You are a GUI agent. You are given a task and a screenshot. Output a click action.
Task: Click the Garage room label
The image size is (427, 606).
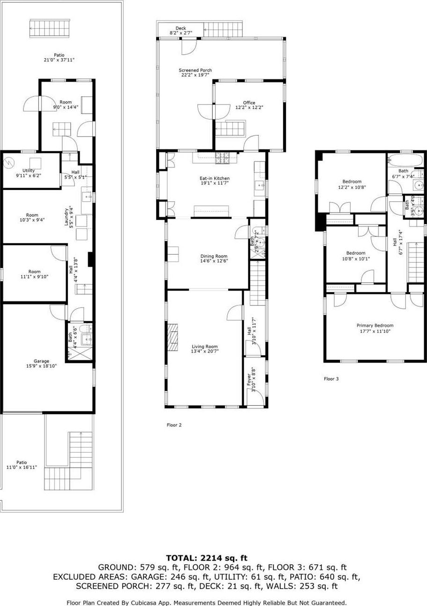click(41, 361)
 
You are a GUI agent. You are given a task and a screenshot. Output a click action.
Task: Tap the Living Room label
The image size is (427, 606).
click(205, 347)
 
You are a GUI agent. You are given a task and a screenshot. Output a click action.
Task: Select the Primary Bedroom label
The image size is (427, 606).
click(375, 326)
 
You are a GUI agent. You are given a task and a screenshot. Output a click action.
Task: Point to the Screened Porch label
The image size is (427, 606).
click(195, 70)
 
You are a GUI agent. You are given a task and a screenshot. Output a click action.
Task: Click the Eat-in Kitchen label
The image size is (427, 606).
click(215, 178)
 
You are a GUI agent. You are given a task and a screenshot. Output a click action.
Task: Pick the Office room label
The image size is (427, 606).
click(249, 103)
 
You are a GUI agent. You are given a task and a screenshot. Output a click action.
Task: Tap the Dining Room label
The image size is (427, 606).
click(214, 256)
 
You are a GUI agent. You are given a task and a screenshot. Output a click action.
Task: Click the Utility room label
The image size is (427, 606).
click(29, 170)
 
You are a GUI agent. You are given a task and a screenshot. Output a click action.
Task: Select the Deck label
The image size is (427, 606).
click(180, 28)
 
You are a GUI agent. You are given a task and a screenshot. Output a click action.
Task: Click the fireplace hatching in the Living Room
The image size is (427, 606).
click(173, 337)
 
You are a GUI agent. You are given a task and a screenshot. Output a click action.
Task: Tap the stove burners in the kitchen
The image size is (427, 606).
click(223, 159)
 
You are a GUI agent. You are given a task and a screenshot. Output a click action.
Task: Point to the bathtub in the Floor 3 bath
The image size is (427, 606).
click(405, 160)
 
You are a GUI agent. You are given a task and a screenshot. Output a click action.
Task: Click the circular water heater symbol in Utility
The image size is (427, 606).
click(8, 163)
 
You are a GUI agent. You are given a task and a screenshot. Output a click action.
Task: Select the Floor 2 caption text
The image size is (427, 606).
click(174, 425)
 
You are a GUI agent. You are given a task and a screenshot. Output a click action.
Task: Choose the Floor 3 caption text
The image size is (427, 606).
click(331, 379)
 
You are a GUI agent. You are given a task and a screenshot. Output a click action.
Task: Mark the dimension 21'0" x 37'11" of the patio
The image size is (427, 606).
click(59, 60)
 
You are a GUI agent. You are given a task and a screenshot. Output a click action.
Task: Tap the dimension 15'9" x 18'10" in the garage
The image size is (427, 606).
click(41, 366)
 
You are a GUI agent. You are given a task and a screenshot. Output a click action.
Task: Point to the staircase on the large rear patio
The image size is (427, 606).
click(50, 28)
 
